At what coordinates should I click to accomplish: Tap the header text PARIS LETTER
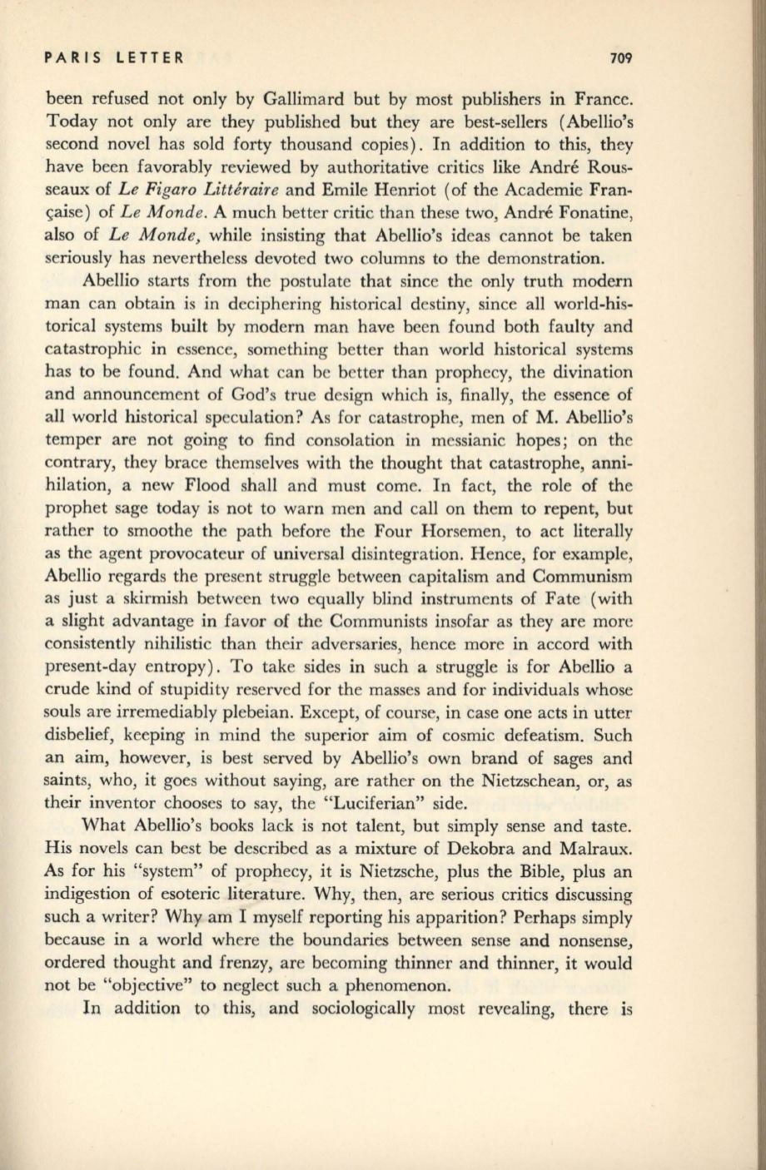pyautogui.click(x=114, y=58)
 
